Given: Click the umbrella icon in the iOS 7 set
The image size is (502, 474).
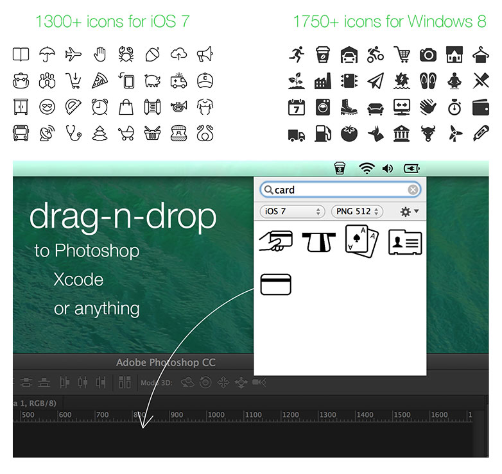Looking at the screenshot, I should (x=48, y=55).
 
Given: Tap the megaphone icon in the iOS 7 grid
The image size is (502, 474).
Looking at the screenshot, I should (x=205, y=55).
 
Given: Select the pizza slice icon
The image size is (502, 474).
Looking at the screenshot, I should (x=100, y=81).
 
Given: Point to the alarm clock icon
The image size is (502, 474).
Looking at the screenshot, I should (x=100, y=107).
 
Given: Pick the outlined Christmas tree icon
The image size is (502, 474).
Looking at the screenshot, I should (x=100, y=133).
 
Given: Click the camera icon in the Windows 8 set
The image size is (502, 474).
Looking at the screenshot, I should (x=428, y=55).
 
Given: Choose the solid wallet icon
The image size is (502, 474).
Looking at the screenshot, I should (x=481, y=107).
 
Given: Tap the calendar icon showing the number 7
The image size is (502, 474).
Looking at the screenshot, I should (x=296, y=107).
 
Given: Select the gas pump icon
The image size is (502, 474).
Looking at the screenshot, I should (x=322, y=133).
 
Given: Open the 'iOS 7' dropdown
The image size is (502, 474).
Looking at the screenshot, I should (x=292, y=212).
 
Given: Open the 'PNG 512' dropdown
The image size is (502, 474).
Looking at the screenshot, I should (x=357, y=212).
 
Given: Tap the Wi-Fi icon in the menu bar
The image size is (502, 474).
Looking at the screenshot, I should (x=367, y=169).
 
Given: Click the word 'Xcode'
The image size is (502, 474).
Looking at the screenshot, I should (x=78, y=280).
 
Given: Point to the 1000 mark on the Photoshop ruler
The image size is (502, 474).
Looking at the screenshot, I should (x=216, y=415).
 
